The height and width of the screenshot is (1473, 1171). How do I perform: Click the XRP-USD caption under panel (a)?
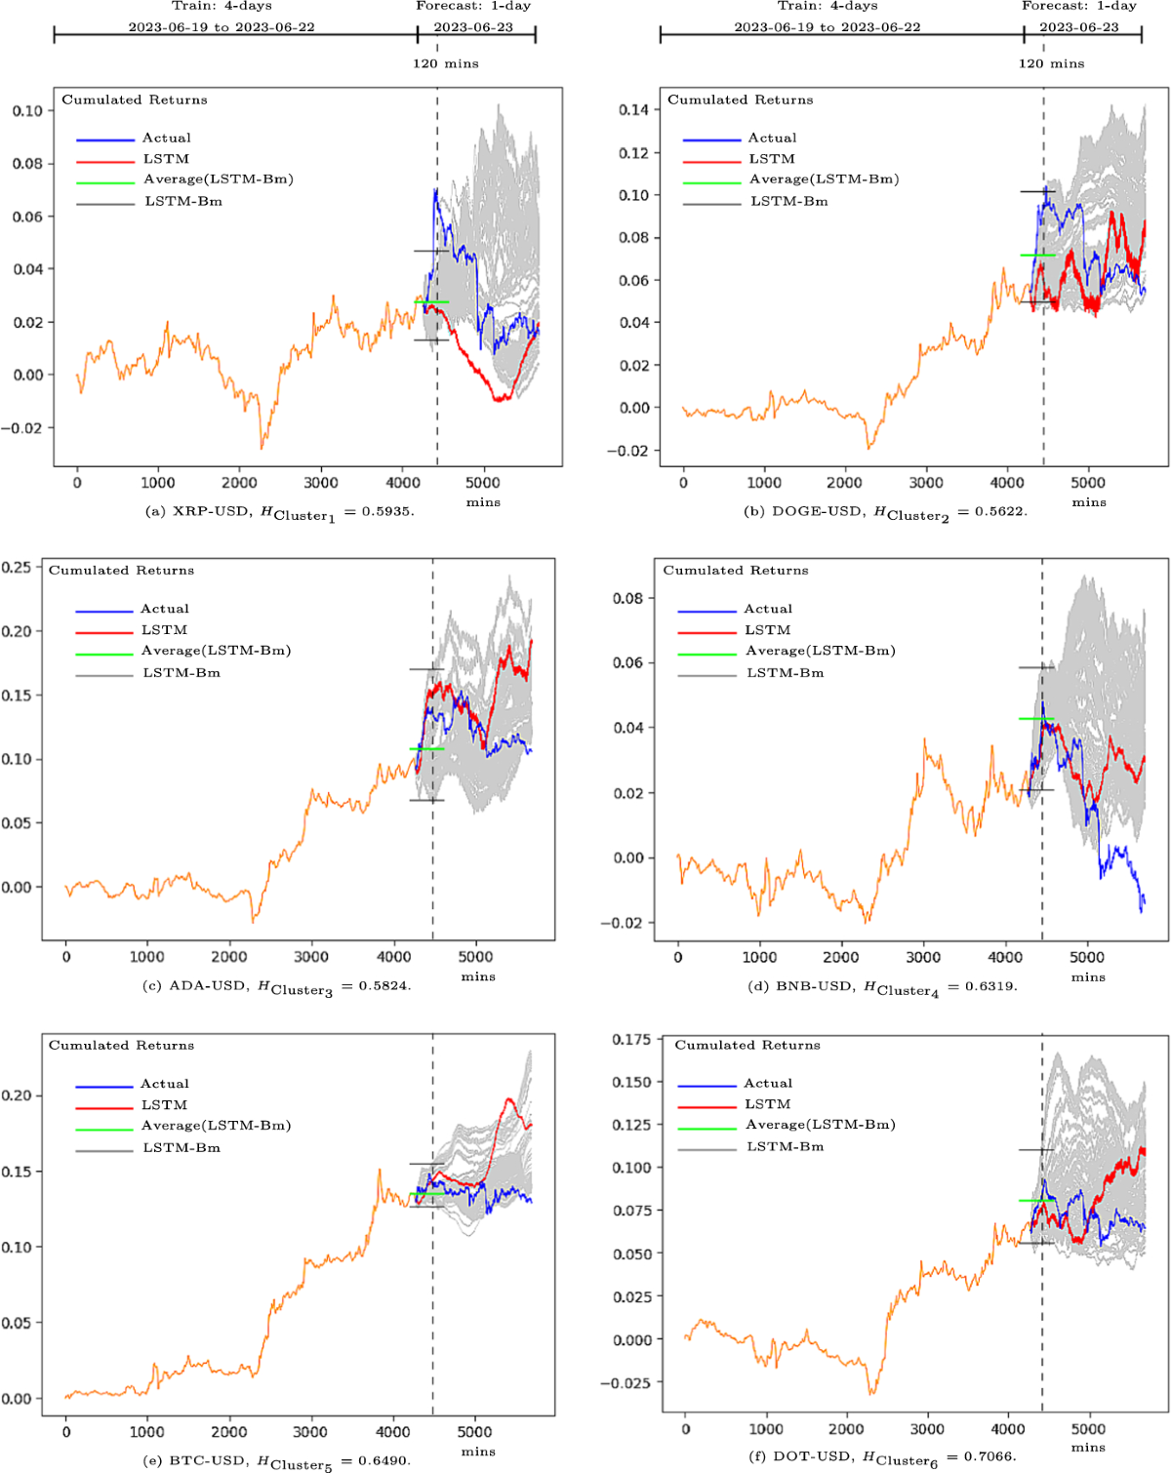tap(279, 512)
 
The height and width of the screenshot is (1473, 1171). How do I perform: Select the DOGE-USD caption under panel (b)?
tap(885, 512)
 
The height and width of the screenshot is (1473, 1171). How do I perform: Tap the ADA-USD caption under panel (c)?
tap(276, 986)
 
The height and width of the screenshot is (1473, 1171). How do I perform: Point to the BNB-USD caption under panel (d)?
tap(882, 987)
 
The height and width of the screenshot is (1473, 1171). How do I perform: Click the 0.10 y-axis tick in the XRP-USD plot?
tap(27, 111)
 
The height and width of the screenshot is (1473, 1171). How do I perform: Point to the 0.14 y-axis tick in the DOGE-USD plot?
tap(633, 109)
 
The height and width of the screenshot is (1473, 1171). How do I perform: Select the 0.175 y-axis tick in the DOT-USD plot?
tap(631, 1039)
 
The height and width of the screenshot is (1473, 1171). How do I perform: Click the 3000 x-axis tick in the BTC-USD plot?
tap(310, 1432)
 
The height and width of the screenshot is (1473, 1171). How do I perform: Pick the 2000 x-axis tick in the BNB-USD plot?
tap(840, 958)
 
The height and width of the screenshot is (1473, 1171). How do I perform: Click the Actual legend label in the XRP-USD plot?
tap(167, 139)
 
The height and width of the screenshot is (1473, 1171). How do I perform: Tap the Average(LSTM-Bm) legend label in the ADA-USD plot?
tap(216, 651)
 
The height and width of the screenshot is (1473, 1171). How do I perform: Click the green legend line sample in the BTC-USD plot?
tap(103, 1130)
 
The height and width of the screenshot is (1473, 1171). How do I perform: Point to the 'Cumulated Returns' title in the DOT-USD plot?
tap(747, 1045)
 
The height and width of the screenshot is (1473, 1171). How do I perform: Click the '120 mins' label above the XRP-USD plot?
tap(445, 63)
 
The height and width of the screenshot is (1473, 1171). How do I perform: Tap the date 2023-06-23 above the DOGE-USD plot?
tap(1079, 27)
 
